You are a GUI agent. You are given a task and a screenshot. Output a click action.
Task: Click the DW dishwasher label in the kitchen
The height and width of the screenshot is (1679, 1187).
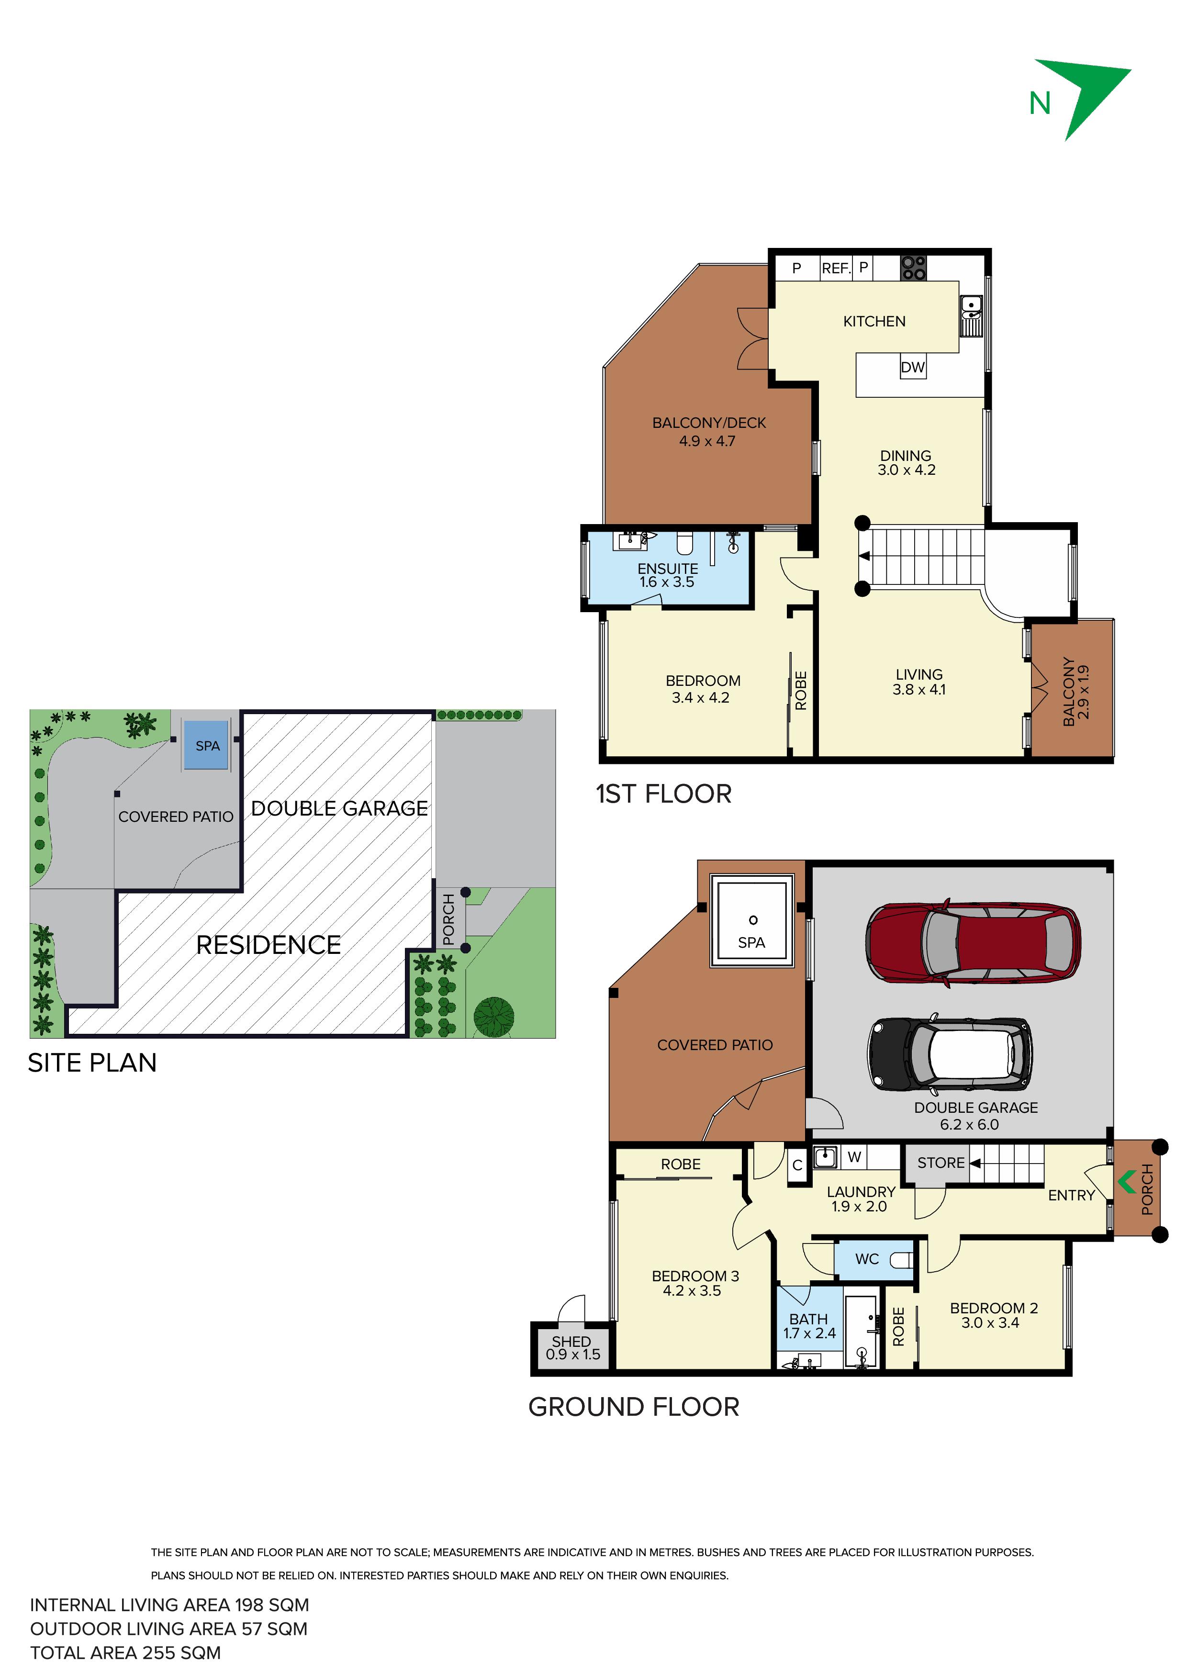click(x=913, y=367)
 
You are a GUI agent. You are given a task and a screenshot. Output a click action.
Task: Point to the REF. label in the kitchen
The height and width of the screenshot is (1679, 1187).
click(x=836, y=269)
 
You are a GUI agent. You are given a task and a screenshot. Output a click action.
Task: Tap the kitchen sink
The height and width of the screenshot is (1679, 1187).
click(x=971, y=315)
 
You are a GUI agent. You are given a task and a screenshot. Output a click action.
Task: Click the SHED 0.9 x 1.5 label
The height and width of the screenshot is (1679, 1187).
click(x=572, y=1348)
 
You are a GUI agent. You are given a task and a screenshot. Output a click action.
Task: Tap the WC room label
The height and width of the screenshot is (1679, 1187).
click(x=867, y=1259)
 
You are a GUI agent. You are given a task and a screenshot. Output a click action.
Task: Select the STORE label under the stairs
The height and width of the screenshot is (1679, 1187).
click(x=941, y=1163)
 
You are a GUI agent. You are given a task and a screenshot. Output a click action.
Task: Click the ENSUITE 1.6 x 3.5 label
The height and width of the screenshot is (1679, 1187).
click(x=667, y=575)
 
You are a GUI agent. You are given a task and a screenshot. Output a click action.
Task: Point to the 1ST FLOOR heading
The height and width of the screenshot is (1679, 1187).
click(x=663, y=794)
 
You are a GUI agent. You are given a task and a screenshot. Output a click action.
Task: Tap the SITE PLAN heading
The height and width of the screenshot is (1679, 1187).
click(x=92, y=1063)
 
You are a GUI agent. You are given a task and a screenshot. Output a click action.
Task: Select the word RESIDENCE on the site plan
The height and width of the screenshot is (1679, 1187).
click(x=269, y=945)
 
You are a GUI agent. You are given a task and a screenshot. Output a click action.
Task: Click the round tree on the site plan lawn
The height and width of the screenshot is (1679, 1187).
click(x=493, y=1017)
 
